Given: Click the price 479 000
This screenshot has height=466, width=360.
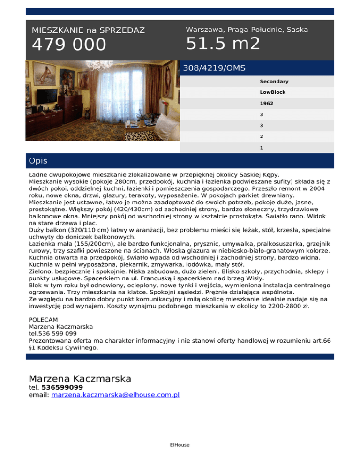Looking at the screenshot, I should click(x=69, y=45).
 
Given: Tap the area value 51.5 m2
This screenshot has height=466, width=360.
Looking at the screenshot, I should click(x=223, y=44).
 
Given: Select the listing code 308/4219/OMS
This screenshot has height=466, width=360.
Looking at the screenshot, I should click(x=214, y=68).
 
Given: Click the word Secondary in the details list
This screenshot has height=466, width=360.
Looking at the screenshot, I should click(x=274, y=82).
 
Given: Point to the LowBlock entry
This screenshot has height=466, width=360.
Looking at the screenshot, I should click(x=273, y=92).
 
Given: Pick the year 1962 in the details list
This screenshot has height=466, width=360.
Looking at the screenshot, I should click(x=267, y=104).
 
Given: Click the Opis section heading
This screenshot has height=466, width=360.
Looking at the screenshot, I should click(x=38, y=161).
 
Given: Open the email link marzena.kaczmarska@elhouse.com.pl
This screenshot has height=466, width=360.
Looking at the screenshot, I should click(x=116, y=395).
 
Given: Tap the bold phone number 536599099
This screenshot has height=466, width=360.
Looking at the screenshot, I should click(x=62, y=387).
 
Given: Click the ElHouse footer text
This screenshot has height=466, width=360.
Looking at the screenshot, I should click(x=180, y=445).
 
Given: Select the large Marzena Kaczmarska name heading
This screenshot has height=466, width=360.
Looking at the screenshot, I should click(x=80, y=378).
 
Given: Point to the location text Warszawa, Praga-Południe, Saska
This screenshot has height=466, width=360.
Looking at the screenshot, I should click(x=247, y=30).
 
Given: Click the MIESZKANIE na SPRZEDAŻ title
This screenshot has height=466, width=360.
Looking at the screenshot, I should click(x=88, y=30).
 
